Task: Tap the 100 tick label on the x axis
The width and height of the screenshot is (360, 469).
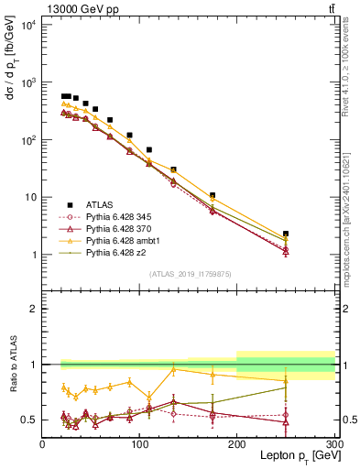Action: (x=139, y=445)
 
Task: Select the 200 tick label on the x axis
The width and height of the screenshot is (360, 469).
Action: (x=237, y=445)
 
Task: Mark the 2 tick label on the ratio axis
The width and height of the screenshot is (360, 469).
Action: (x=34, y=309)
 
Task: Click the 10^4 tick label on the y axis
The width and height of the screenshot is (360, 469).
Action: (x=28, y=25)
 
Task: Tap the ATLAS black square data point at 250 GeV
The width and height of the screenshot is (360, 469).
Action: (x=286, y=234)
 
